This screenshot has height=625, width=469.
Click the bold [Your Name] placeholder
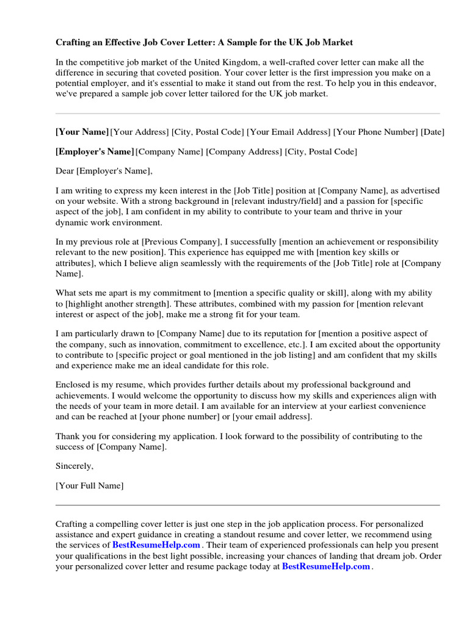[82, 132]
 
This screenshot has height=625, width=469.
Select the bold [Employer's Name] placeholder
[94, 151]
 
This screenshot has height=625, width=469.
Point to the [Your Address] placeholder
[139, 132]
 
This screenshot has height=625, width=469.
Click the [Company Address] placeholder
[244, 151]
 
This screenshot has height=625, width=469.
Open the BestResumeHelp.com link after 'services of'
[156, 544]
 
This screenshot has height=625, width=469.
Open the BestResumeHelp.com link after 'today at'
[326, 566]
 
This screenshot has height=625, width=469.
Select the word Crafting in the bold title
[75, 43]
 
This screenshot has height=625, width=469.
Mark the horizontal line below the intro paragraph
[247, 113]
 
